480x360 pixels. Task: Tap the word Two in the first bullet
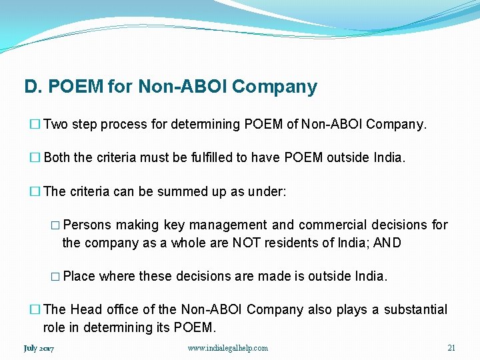pos(55,124)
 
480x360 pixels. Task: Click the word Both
pos(57,158)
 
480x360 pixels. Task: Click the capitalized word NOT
pos(246,243)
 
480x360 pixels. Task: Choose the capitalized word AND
pos(387,243)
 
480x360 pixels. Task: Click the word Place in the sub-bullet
pos(79,276)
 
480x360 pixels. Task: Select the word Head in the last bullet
pos(85,310)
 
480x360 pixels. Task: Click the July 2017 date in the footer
pos(39,348)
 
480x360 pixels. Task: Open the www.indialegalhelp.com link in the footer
pos(228,348)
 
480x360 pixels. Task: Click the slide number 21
pos(451,348)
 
